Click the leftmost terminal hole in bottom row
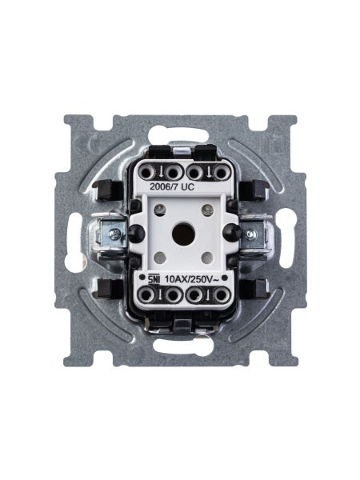pos(147,296)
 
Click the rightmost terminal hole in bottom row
pos(218,296)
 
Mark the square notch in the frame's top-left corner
pos(78,126)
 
